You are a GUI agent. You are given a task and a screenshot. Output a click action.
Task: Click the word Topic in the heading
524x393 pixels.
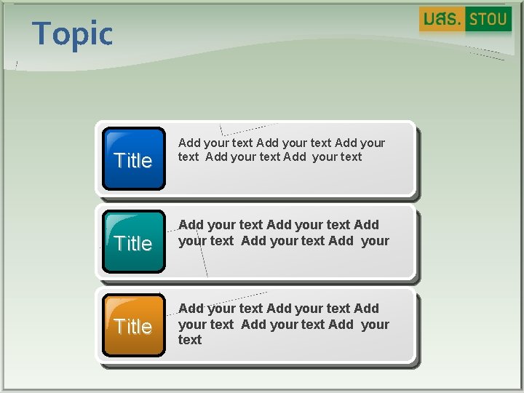[x=73, y=34]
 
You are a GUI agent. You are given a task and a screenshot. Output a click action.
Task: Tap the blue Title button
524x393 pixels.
[x=134, y=159]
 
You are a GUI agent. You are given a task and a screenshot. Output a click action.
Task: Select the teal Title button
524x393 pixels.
[x=134, y=242]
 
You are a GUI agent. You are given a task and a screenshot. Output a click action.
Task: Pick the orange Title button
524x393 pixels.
[x=134, y=325]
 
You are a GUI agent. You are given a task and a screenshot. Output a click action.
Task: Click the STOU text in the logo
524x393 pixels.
[x=488, y=20]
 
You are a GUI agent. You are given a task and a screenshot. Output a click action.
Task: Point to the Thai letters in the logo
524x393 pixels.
[x=442, y=20]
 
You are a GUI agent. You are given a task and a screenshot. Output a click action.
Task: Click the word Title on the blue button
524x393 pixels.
[x=133, y=161]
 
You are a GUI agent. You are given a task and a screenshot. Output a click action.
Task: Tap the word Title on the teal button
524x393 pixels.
[x=133, y=244]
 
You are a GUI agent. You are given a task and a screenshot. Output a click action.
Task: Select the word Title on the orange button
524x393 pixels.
[x=133, y=327]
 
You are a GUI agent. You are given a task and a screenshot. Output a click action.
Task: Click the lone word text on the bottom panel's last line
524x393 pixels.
[x=190, y=340]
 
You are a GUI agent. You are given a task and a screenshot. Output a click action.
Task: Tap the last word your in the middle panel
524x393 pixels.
[x=375, y=241]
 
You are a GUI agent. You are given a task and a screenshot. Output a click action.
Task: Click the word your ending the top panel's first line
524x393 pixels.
[x=373, y=143]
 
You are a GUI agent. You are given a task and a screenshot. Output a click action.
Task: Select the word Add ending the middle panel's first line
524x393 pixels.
[x=366, y=226]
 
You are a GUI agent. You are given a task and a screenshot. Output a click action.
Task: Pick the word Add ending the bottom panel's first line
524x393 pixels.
[x=366, y=309]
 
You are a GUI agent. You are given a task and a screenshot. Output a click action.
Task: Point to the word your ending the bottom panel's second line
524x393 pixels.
[x=375, y=325]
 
